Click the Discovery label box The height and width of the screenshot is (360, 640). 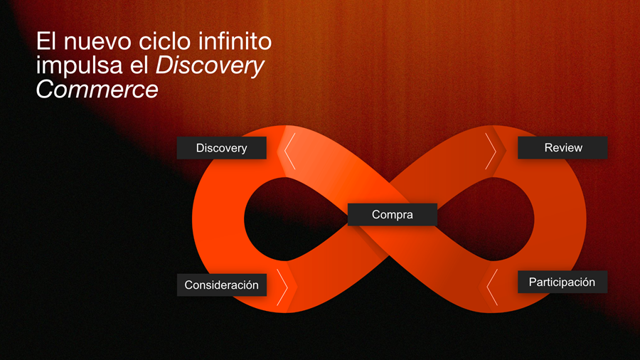[222, 148]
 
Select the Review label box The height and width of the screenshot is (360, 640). [562, 147]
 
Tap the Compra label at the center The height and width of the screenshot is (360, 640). [393, 214]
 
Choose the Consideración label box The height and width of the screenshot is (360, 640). [222, 285]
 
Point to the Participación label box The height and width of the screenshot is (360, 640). [562, 282]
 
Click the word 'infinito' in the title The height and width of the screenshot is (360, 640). [235, 41]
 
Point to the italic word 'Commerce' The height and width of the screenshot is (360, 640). [97, 90]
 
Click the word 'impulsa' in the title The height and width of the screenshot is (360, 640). [80, 66]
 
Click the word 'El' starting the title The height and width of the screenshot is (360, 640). [46, 41]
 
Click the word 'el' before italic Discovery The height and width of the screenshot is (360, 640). [139, 65]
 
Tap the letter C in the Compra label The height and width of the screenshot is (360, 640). [376, 214]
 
